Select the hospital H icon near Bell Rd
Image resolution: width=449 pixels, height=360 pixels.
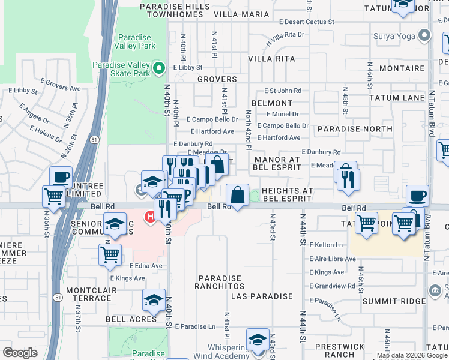tap(148, 215)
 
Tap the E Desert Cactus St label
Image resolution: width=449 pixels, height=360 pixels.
tap(306, 22)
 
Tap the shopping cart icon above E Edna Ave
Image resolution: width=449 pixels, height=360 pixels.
tap(110, 254)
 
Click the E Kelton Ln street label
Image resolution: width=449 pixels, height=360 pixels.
tap(326, 245)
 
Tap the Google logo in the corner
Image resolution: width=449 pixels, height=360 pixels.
tap(20, 352)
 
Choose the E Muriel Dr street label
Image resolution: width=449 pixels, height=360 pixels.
tap(278, 114)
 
